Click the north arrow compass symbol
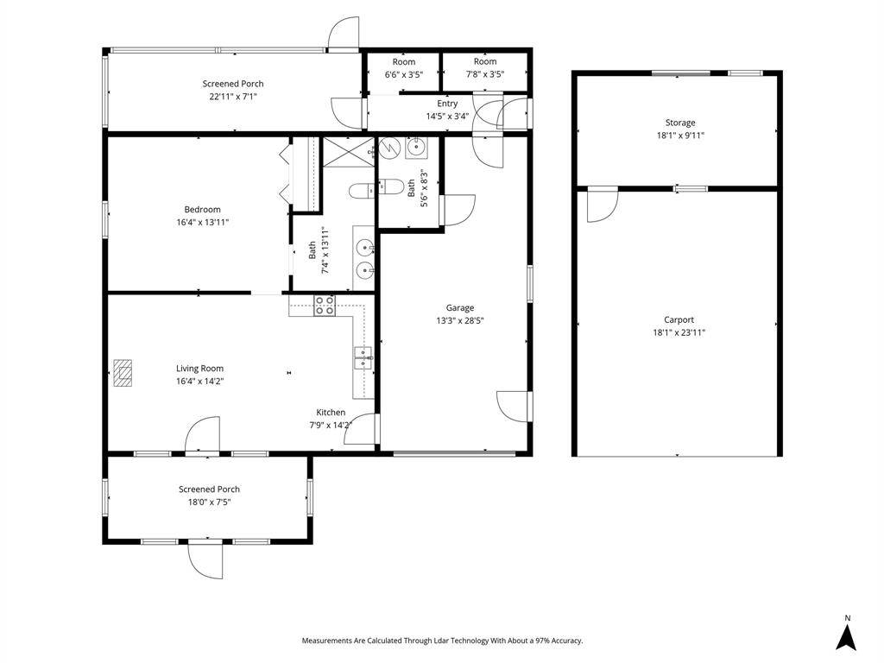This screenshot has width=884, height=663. click(x=847, y=636)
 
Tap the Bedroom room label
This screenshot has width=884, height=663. click(x=202, y=209)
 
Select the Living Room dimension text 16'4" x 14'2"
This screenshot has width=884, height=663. click(x=200, y=381)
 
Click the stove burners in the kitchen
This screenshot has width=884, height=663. click(x=325, y=305)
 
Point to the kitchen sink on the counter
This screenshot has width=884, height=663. click(x=363, y=357)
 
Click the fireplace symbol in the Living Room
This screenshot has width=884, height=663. click(x=123, y=371)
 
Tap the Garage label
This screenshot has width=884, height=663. click(x=459, y=307)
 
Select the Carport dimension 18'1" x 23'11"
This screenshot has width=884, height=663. click(x=679, y=332)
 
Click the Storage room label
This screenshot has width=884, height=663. click(x=679, y=123)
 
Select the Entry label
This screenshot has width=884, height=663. click(x=447, y=104)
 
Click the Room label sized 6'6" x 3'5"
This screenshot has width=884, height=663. click(x=403, y=61)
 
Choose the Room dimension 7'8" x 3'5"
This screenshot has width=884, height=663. click(x=484, y=74)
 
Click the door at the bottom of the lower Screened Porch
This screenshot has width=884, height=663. click(x=206, y=559)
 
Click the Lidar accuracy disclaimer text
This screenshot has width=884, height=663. click(x=442, y=641)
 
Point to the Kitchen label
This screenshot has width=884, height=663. click(x=331, y=413)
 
